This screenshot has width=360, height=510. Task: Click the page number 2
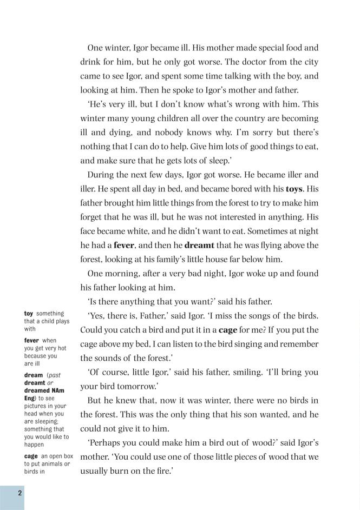tap(19, 492)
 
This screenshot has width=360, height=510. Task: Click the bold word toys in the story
tap(294, 189)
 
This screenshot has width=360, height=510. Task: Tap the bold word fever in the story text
tap(124, 245)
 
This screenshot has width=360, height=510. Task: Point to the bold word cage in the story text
tap(227, 330)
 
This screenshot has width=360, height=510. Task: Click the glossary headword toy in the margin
tap(29, 314)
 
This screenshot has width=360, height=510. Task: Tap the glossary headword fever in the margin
tap(32, 341)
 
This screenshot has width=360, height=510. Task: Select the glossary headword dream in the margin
tap(34, 375)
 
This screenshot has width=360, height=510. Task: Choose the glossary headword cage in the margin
tap(31, 456)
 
